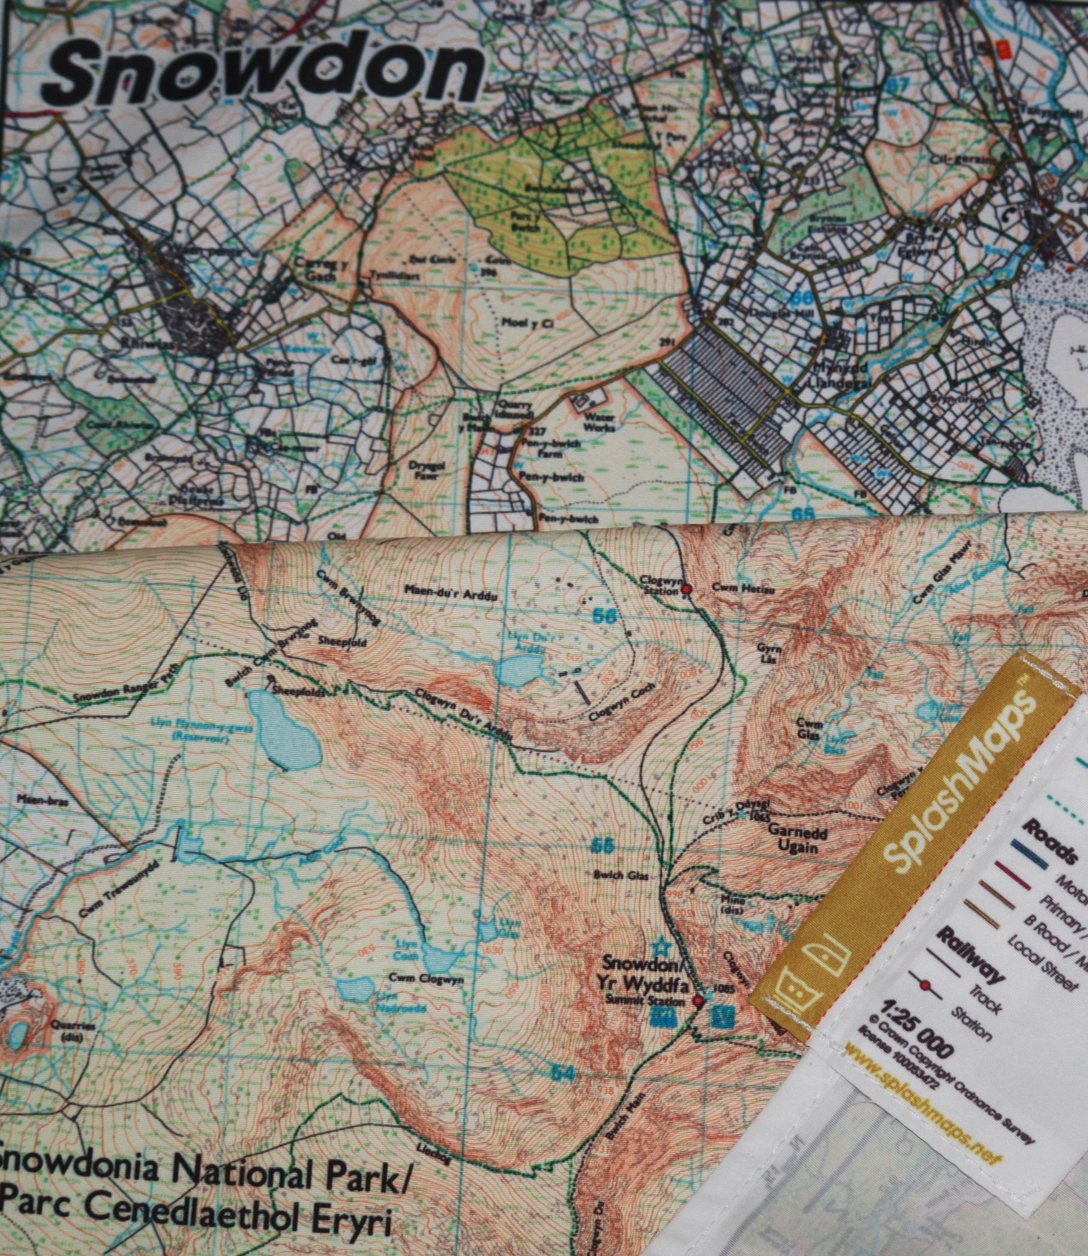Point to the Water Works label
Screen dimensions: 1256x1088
click(x=600, y=423)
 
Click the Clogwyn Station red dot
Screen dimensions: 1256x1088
click(x=687, y=589)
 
